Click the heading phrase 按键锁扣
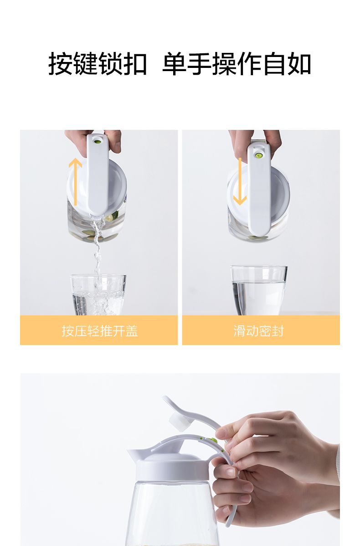98,64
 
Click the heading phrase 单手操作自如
237,64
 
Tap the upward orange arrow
75,181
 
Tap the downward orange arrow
240,181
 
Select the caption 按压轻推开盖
100,331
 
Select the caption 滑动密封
259,331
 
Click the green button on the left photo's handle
98,141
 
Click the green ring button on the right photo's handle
258,155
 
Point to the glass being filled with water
98,295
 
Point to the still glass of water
259,290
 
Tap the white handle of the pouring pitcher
98,174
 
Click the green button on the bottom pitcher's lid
211,440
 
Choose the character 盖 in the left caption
132,331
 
